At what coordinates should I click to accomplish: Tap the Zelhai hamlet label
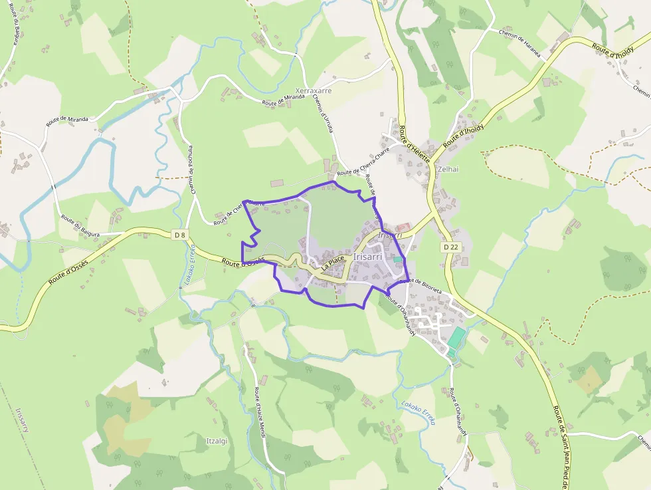[x=448, y=170]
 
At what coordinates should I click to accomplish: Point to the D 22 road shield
[x=449, y=247]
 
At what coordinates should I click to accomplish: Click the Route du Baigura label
[x=80, y=226]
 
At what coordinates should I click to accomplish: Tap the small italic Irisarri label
[x=390, y=235]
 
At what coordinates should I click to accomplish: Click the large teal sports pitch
[x=456, y=339]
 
